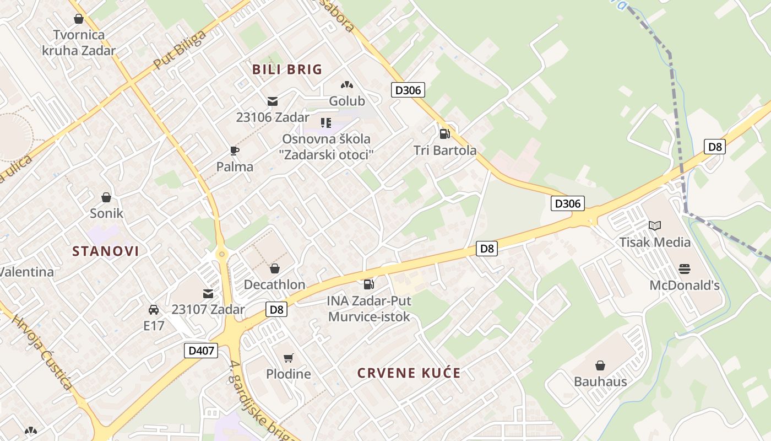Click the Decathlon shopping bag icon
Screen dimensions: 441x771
coord(274,268)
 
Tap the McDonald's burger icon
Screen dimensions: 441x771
coord(685,269)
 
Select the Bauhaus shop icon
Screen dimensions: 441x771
coord(600,365)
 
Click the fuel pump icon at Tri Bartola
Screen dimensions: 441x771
coord(444,133)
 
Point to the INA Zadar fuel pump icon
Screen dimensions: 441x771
coord(368,284)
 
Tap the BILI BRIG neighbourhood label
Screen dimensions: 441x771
coord(287,69)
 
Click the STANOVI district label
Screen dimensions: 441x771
coord(106,251)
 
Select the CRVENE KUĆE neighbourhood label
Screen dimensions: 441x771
coord(409,373)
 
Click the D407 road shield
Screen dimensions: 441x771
coord(200,351)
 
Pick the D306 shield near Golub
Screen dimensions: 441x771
coord(408,90)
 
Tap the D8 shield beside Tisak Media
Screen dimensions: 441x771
coord(715,147)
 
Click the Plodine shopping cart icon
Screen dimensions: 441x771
coord(288,358)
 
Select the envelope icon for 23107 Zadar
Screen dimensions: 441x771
coord(208,294)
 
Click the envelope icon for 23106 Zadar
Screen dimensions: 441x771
coord(273,101)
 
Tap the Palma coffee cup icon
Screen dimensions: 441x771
coord(235,150)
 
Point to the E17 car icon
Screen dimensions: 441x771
coord(154,310)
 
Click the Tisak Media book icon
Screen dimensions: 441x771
coord(654,225)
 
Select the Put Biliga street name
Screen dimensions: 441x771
coord(180,50)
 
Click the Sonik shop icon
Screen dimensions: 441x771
coord(106,197)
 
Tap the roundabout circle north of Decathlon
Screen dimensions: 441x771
coord(222,254)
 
